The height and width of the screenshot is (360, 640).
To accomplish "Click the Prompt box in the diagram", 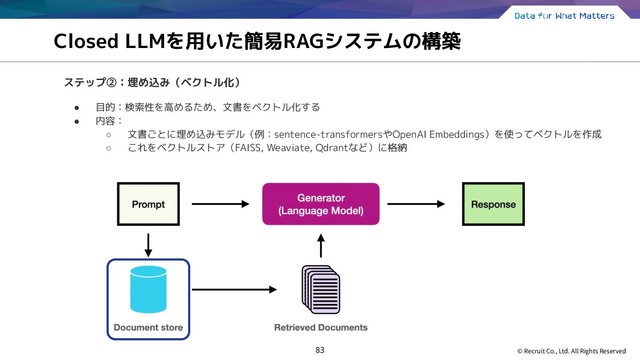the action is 148,204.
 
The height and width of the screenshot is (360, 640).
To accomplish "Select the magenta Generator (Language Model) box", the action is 321,204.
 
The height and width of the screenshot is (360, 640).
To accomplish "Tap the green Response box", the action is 493,204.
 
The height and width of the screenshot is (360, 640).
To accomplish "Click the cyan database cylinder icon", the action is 148,289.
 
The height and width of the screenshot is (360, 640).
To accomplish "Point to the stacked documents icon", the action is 321,289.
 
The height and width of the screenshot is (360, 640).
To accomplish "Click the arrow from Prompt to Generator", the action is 220,204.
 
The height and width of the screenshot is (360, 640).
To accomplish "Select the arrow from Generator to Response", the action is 416,204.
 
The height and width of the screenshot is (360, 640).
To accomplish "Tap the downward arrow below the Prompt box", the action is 148,245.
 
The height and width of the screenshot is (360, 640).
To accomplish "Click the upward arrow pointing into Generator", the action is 321,245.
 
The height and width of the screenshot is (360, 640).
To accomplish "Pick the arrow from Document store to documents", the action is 234,289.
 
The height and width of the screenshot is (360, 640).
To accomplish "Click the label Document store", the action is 148,328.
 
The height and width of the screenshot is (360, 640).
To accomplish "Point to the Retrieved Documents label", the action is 321,328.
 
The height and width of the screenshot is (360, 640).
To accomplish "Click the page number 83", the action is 320,350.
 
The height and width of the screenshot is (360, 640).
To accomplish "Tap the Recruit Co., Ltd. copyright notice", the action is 572,351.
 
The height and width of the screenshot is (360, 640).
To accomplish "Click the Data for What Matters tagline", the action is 564,16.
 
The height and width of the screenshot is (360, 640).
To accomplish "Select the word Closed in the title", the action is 86,41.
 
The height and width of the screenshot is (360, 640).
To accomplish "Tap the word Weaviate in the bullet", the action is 290,148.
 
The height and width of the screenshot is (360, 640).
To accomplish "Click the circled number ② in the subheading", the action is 112,83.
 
